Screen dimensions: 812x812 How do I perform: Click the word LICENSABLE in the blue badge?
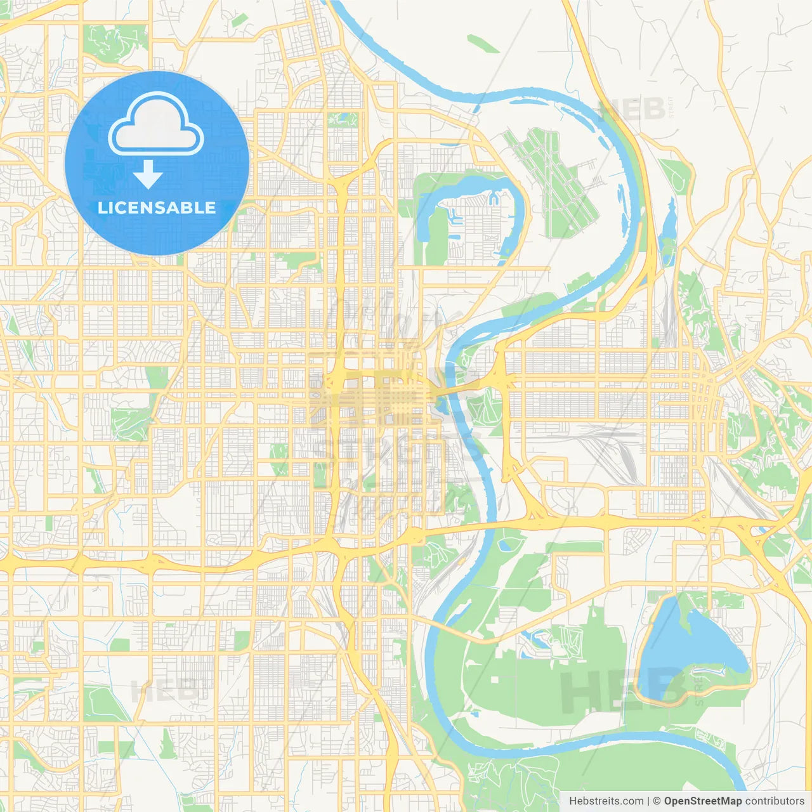click(157, 207)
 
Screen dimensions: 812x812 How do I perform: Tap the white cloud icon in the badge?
click(155, 124)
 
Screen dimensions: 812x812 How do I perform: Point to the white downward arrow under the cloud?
click(148, 174)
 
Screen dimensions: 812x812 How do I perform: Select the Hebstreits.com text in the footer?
click(606, 801)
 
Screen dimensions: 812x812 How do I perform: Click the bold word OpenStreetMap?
click(703, 801)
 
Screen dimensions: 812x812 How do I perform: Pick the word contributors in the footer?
click(775, 801)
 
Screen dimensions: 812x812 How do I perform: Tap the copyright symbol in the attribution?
click(657, 801)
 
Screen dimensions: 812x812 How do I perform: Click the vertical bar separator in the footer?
click(648, 801)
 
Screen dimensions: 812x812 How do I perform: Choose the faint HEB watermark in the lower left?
click(164, 690)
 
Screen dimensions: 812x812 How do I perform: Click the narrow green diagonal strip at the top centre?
click(483, 44)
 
